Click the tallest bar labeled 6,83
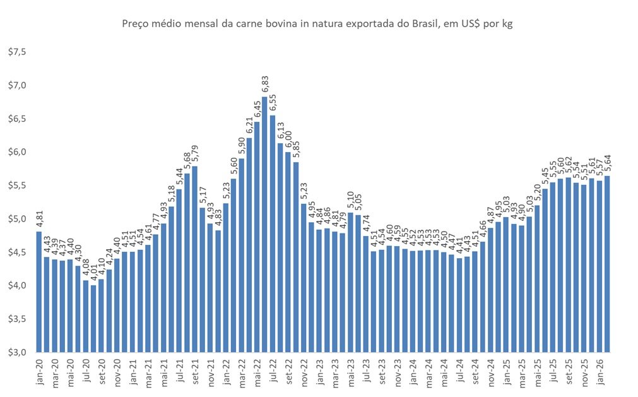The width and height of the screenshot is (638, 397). click(264, 225)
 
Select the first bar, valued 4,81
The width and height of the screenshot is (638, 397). click(39, 292)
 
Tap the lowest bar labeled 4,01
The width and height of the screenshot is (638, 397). click(93, 319)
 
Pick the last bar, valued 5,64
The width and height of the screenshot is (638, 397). click(607, 264)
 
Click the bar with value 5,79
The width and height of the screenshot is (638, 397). click(194, 259)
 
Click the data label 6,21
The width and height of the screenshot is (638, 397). click(249, 126)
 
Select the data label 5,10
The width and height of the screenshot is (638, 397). click(350, 200)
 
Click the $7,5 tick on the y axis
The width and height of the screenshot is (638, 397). click(17, 52)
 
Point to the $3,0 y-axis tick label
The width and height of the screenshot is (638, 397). click(17, 352)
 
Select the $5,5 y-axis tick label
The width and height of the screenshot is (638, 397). click(17, 185)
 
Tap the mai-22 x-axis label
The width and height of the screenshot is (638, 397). click(257, 372)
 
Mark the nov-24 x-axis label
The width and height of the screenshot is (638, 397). click(491, 372)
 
